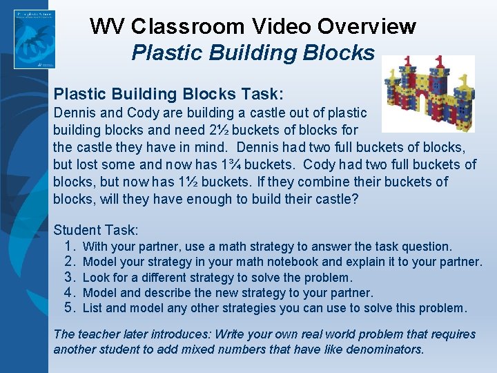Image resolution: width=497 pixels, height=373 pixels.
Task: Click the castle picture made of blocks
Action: (x=429, y=94)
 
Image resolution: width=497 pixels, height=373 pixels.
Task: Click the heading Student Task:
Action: (x=96, y=230)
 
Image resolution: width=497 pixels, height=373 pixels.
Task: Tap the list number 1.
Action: (x=70, y=247)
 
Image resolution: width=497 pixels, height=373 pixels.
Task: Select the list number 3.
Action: (x=70, y=278)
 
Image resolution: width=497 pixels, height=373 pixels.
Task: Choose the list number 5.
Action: (x=70, y=308)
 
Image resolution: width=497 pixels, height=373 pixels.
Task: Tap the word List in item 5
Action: (x=92, y=308)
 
